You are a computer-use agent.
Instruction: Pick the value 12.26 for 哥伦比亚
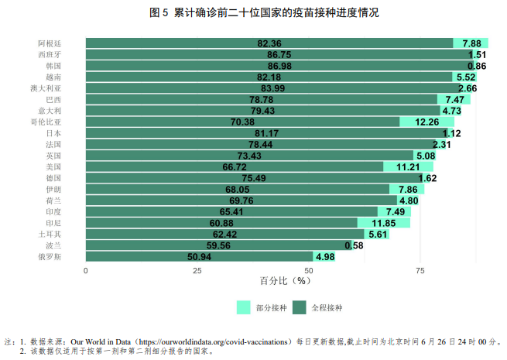point(427,122)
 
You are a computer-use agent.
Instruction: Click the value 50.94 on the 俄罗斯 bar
point(200,256)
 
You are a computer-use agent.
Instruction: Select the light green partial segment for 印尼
point(383,223)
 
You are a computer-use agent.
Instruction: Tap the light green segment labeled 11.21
point(408,166)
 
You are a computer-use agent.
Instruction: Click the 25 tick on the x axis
point(197,270)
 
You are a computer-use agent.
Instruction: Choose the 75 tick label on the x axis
point(420,270)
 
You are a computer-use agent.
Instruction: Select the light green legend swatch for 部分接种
point(244,307)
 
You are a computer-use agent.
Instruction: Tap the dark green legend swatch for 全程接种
point(299,307)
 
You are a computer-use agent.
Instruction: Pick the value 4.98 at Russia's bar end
point(324,256)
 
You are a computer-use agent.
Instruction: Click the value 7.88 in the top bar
point(471,43)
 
